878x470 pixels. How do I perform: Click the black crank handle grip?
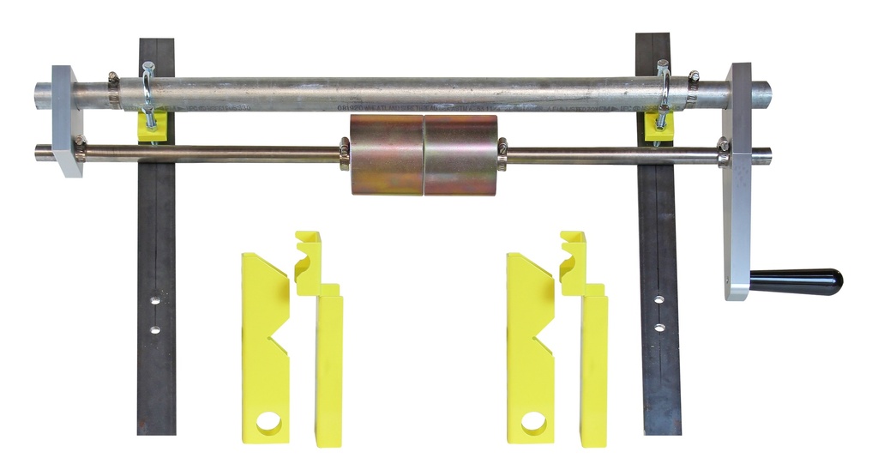point(797,280)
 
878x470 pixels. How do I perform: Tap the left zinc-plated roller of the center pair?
point(386,154)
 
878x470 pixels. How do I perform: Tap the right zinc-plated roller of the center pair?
point(460,154)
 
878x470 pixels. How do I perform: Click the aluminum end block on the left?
point(68,120)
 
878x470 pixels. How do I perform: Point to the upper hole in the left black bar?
point(154,301)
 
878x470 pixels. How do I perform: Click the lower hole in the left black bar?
point(154,328)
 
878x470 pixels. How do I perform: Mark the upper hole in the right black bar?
point(658,299)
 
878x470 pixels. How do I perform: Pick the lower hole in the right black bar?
point(658,327)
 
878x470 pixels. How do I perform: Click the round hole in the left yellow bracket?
point(268,423)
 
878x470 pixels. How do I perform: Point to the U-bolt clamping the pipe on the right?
point(663,90)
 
